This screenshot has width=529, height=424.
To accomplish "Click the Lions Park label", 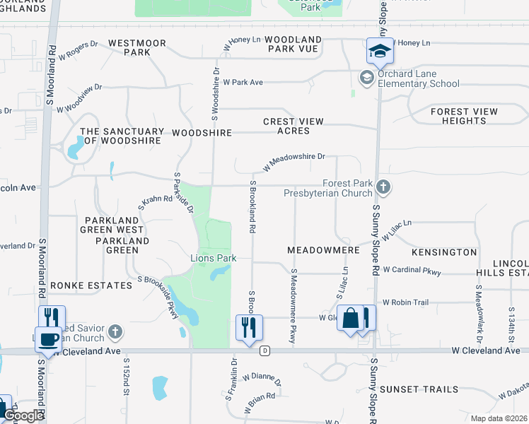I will (x=213, y=258).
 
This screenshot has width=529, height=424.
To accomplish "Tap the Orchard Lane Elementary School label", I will (x=418, y=78).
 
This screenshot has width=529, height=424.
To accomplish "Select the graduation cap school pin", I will (x=379, y=52).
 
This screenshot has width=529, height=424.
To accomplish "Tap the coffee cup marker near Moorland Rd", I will (x=49, y=339).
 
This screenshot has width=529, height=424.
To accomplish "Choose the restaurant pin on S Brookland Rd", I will (x=249, y=328).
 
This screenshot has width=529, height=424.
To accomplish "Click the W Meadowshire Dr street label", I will (x=293, y=162).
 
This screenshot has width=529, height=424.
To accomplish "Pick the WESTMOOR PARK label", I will (x=137, y=48).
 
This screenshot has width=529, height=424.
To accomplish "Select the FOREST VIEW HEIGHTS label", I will (x=464, y=116).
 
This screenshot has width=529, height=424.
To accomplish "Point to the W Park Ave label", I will (x=243, y=82).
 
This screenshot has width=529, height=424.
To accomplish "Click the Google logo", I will (x=23, y=416).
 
